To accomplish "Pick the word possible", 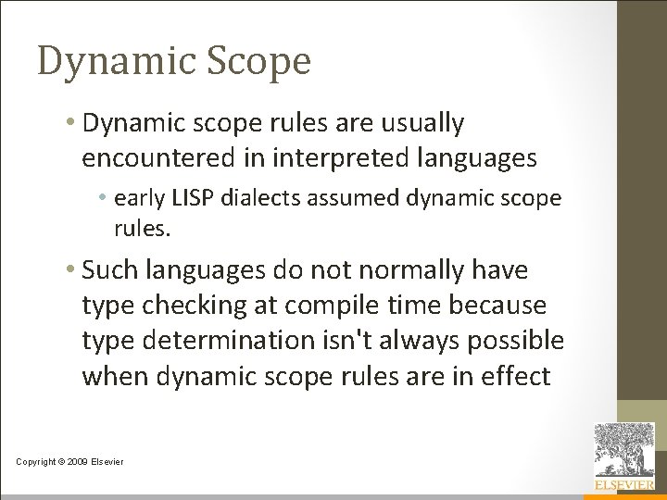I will [x=518, y=341].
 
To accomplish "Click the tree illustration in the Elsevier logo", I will [x=624, y=450].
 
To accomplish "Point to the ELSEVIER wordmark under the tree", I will [x=624, y=484].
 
